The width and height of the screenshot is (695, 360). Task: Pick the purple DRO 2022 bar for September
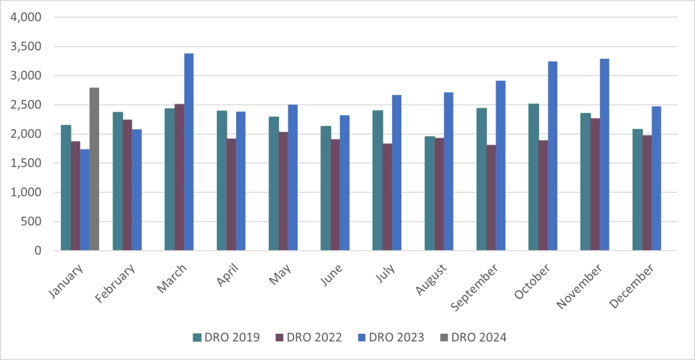pyautogui.click(x=491, y=197)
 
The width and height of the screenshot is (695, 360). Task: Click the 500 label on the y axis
pyautogui.click(x=32, y=221)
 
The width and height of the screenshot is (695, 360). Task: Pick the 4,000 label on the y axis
pyautogui.click(x=26, y=17)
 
